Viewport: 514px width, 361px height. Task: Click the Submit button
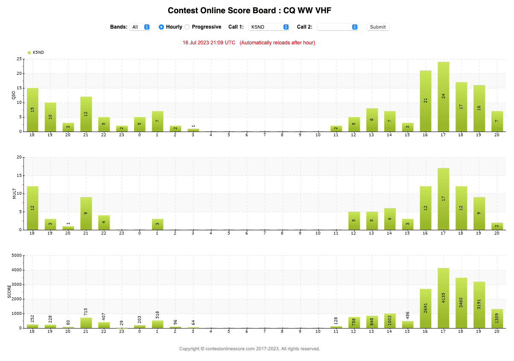[378, 27]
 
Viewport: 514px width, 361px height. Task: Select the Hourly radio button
[161, 27]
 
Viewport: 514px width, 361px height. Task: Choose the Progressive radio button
[187, 27]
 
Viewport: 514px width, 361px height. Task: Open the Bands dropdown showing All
[140, 27]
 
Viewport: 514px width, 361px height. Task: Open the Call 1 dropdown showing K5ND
[269, 27]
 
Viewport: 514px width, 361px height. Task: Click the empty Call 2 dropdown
[337, 27]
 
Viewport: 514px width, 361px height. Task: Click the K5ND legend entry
[36, 53]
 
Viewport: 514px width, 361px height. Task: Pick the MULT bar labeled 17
[443, 199]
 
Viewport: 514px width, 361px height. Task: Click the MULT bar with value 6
[390, 219]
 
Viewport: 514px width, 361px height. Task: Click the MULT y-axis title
[14, 194]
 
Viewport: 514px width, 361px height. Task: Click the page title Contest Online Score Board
[249, 10]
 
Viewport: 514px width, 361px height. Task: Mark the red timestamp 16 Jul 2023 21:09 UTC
[209, 43]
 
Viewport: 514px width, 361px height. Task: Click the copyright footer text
[249, 349]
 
